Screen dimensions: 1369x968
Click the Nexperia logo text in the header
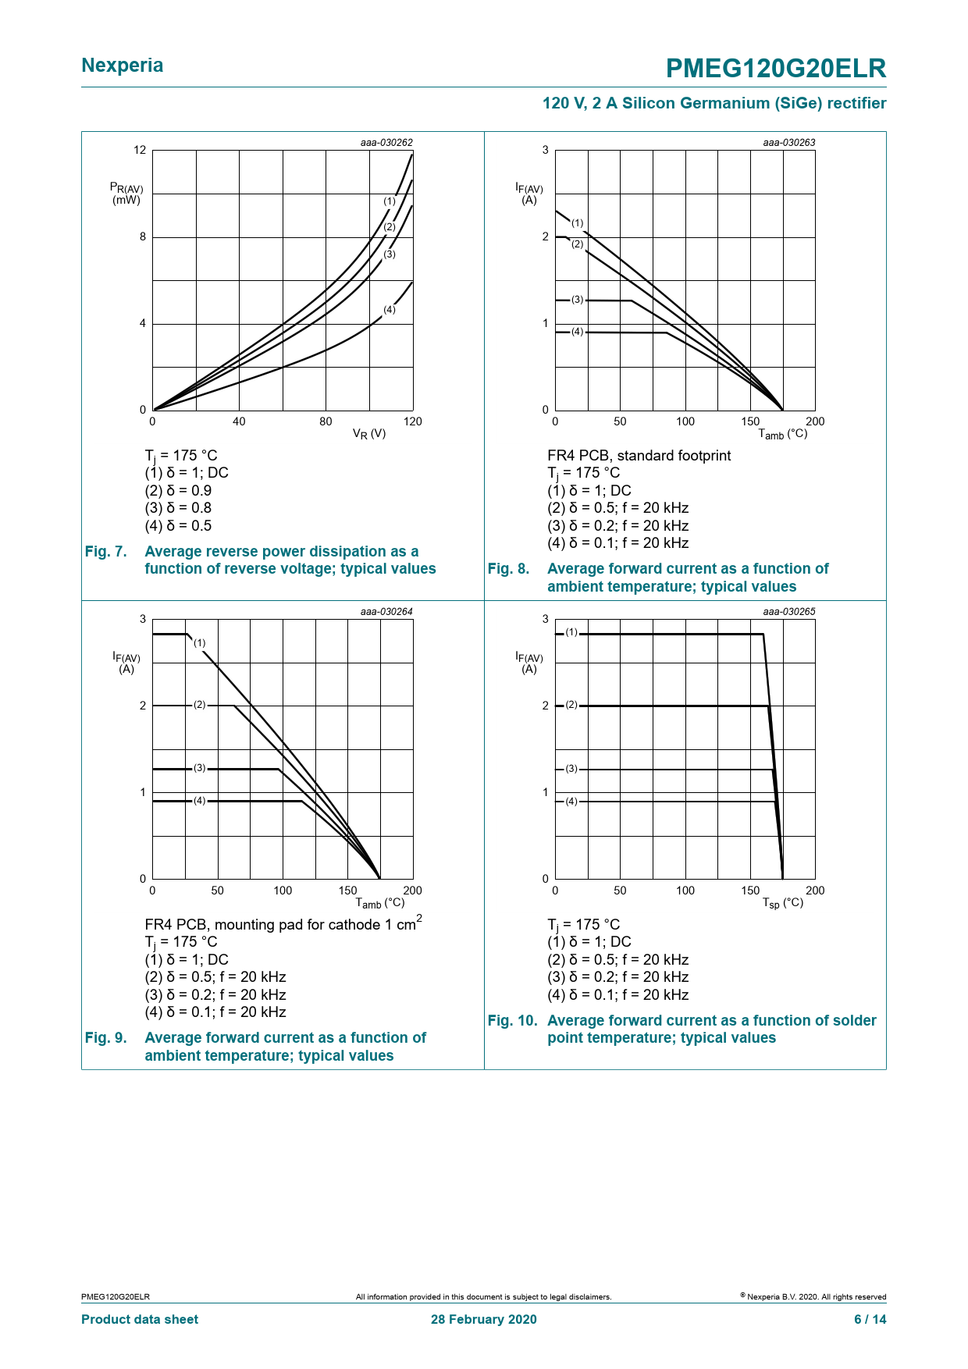[x=123, y=66]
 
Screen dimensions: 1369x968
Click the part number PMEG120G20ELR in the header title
[x=776, y=69]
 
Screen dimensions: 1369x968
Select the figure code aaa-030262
[x=386, y=143]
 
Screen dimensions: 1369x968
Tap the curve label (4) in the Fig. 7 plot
[x=390, y=310]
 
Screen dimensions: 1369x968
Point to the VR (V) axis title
[x=369, y=434]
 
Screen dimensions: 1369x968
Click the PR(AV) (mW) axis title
[x=126, y=194]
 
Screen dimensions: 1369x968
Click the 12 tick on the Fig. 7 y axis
[x=140, y=150]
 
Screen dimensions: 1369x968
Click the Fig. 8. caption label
[x=508, y=569]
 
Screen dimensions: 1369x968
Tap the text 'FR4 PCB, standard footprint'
[x=639, y=456]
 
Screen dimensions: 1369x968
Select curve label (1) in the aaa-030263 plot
[x=577, y=223]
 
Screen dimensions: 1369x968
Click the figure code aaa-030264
[x=386, y=612]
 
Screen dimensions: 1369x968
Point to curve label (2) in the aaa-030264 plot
[x=200, y=705]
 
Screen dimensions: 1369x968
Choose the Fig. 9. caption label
[x=105, y=1038]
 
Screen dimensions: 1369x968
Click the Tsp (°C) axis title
[x=783, y=903]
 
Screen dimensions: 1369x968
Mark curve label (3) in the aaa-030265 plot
[x=571, y=769]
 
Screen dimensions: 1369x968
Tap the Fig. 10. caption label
[x=512, y=1021]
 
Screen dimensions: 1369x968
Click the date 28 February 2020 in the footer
[x=484, y=1319]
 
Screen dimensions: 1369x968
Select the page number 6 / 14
[x=870, y=1319]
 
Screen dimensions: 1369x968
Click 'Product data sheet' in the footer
[x=140, y=1319]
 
